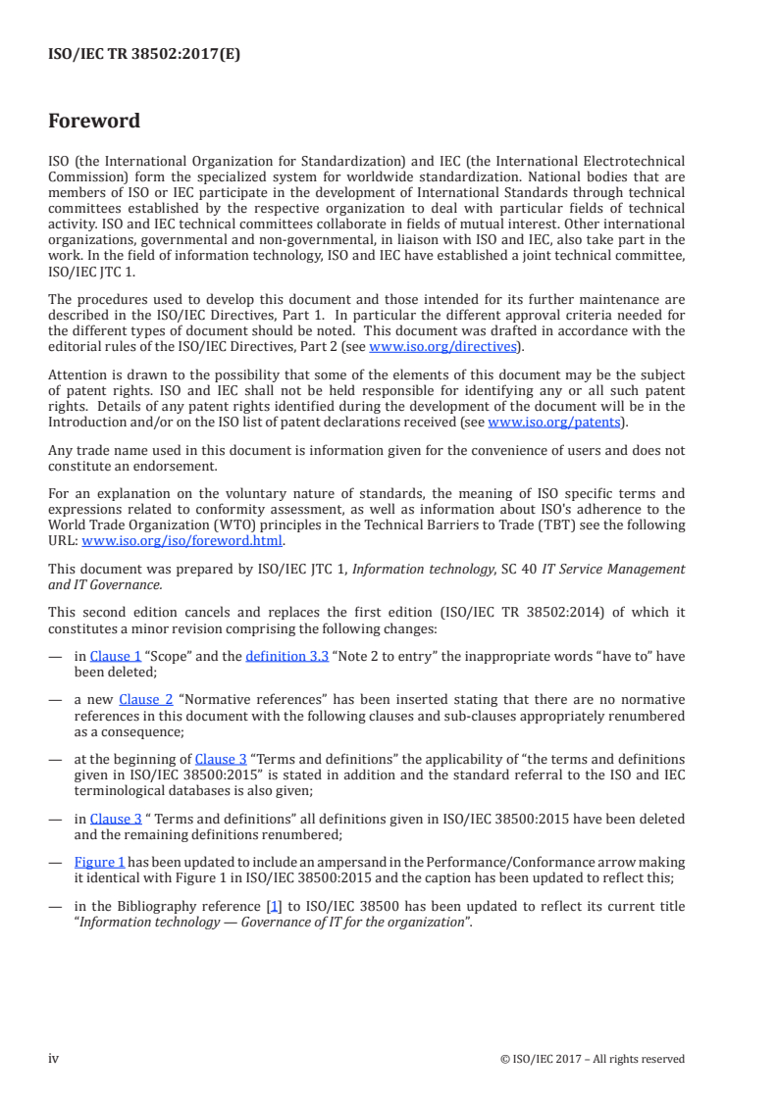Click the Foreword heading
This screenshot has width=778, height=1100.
click(x=94, y=122)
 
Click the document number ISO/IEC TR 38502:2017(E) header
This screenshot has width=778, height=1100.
click(x=144, y=55)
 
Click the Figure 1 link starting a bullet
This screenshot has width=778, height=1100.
click(x=99, y=862)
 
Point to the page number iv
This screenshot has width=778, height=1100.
click(x=54, y=1058)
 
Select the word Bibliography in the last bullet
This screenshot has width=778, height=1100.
click(x=149, y=906)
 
